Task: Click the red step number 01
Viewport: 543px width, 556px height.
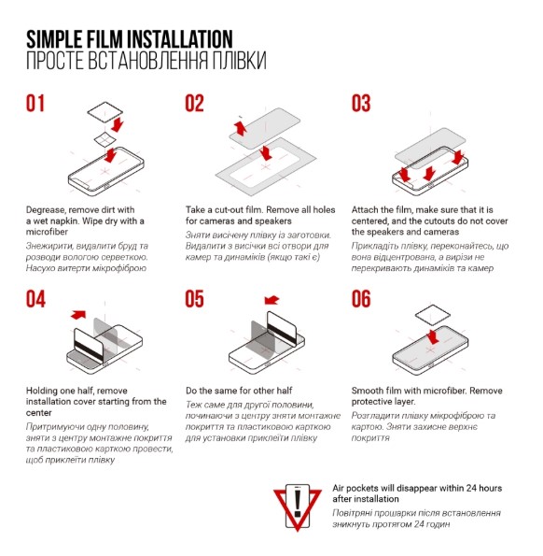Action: pyautogui.click(x=35, y=103)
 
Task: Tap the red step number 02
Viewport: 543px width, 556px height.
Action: pyautogui.click(x=194, y=103)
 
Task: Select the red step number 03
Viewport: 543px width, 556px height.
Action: pyautogui.click(x=361, y=103)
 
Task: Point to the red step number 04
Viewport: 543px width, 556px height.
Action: pyautogui.click(x=35, y=299)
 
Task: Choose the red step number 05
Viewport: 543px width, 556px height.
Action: pyautogui.click(x=194, y=299)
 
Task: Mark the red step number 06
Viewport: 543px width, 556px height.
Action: pyautogui.click(x=361, y=299)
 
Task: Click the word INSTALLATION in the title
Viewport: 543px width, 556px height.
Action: pyautogui.click(x=180, y=39)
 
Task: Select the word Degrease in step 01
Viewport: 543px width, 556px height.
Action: pyautogui.click(x=45, y=210)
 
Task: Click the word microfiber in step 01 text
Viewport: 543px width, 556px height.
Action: pyautogui.click(x=47, y=232)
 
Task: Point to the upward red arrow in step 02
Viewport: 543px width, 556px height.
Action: pyautogui.click(x=241, y=128)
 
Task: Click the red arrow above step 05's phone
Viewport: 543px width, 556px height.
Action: pyautogui.click(x=271, y=300)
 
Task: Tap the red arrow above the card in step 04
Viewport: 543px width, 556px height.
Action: pyautogui.click(x=78, y=314)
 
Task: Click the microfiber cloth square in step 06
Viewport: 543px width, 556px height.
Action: pyautogui.click(x=433, y=315)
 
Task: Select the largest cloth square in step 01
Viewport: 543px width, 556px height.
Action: pyautogui.click(x=105, y=112)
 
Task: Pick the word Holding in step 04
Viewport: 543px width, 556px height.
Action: pyautogui.click(x=41, y=392)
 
